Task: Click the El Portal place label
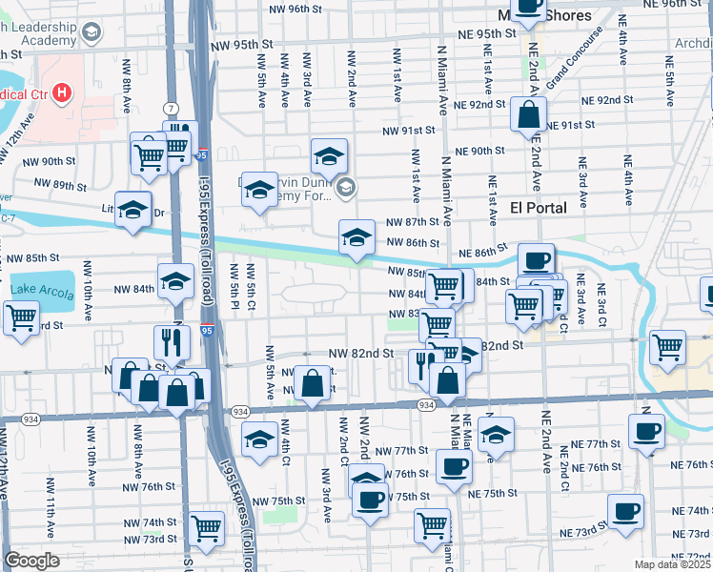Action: point(538,208)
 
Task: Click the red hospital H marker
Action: point(61,92)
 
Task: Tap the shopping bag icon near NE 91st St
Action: point(527,115)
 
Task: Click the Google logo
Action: point(31,560)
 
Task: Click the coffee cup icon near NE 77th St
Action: point(646,431)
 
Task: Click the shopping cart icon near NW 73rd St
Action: point(207,527)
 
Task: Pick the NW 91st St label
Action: point(409,131)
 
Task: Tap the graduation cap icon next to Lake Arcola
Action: point(175,280)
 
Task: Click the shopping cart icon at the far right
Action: point(667,346)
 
